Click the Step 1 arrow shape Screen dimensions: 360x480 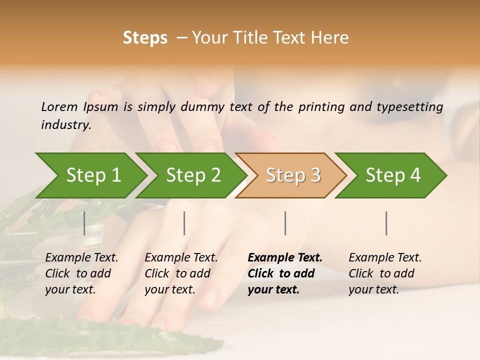click(93, 175)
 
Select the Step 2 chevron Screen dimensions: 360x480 click(193, 175)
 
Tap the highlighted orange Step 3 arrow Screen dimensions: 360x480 click(293, 175)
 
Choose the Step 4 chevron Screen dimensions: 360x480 click(393, 175)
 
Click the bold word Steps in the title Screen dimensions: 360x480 click(145, 38)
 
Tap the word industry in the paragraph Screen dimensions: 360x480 click(65, 125)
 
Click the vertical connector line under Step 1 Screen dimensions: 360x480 click(84, 223)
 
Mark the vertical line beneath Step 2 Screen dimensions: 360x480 click(184, 223)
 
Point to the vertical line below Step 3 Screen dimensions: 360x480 click(285, 223)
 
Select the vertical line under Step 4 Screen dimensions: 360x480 click(386, 223)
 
